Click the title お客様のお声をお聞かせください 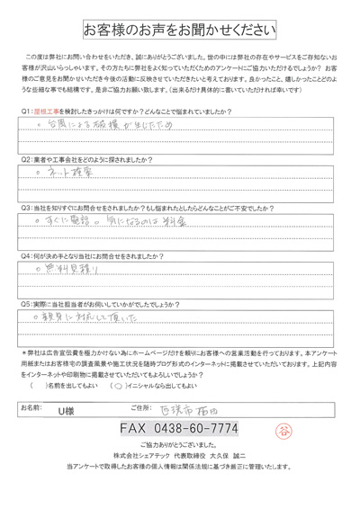coord(179,30)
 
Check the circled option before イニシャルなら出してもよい coord(119,385)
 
